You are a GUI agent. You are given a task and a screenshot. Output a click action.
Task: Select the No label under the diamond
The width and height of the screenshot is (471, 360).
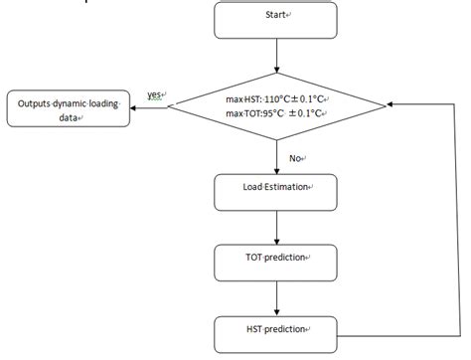tap(294, 158)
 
